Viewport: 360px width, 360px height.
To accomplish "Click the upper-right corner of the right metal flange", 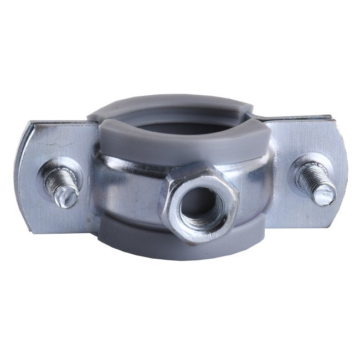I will click(331, 119).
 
